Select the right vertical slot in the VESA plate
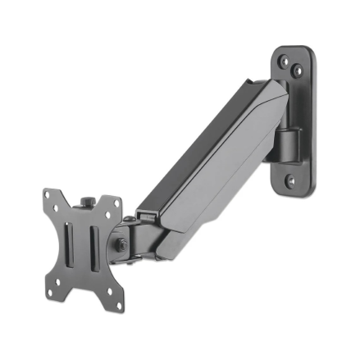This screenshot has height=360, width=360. coord(94,245)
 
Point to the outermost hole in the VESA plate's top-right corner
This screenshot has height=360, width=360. coord(117,201)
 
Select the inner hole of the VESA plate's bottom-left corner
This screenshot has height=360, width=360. coord(59,279)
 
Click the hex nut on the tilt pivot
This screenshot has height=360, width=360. coord(119,245)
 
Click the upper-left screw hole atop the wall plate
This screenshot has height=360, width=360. coord(283,59)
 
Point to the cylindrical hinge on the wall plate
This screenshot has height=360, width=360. coord(286,144)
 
